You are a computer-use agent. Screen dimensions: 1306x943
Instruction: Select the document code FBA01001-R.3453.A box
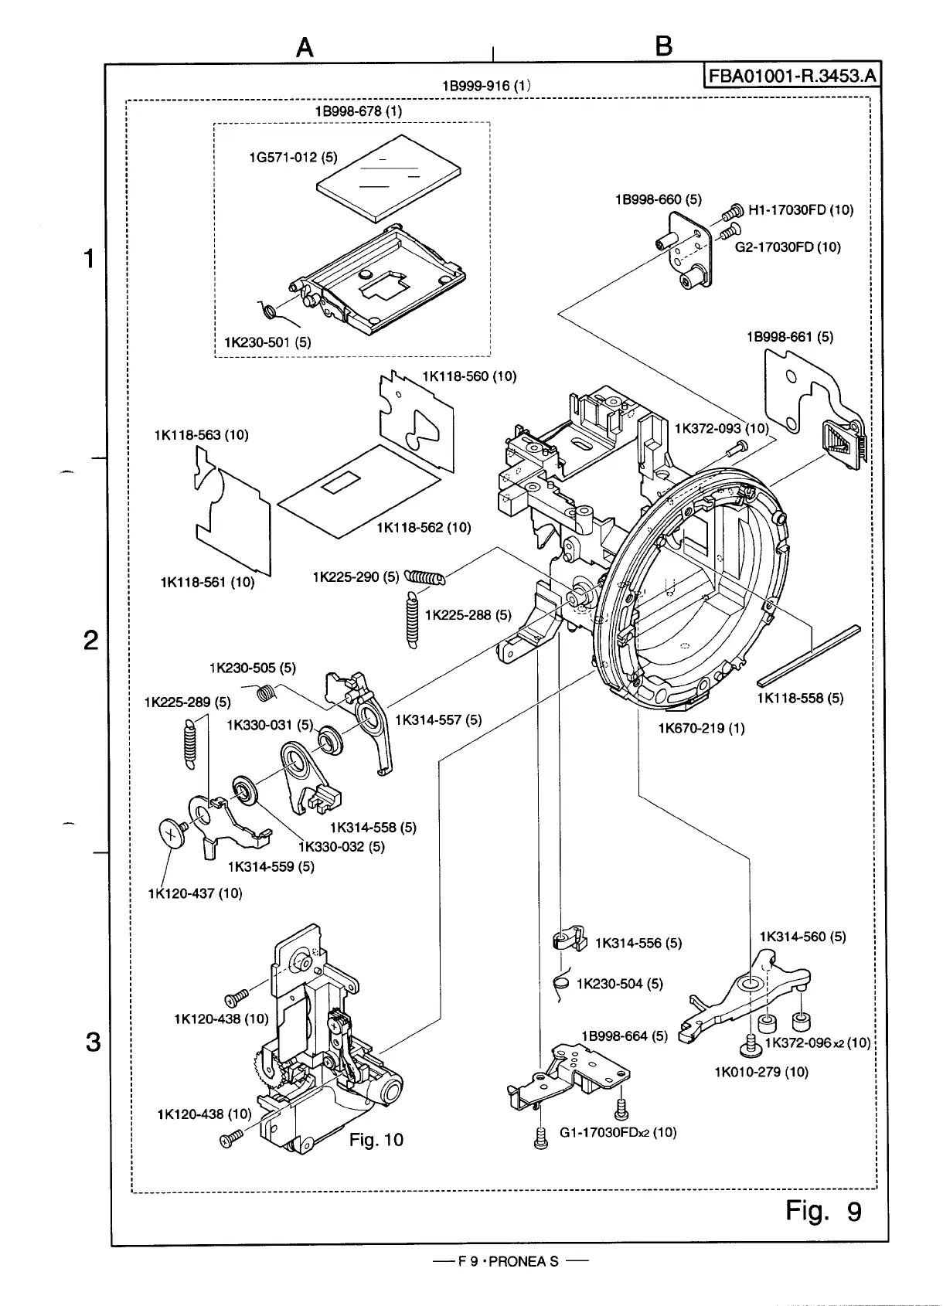pos(792,77)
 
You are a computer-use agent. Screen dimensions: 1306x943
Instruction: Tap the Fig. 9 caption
pos(822,1210)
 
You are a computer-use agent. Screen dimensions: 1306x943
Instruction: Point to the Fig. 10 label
pos(376,1140)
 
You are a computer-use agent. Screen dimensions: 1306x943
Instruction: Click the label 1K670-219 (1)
pos(701,728)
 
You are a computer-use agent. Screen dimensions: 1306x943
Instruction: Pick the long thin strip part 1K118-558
pos(809,655)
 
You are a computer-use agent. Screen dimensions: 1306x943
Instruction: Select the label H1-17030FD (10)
pos(801,209)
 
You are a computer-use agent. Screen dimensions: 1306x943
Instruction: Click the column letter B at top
pos(663,47)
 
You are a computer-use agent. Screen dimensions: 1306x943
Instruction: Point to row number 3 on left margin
pos(93,1042)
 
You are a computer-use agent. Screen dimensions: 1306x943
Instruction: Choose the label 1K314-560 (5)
pos(802,937)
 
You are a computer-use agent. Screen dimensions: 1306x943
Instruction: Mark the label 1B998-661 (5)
pos(789,337)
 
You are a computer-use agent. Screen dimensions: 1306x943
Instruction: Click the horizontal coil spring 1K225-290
pos(425,577)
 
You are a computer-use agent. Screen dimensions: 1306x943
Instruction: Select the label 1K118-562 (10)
pos(424,528)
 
